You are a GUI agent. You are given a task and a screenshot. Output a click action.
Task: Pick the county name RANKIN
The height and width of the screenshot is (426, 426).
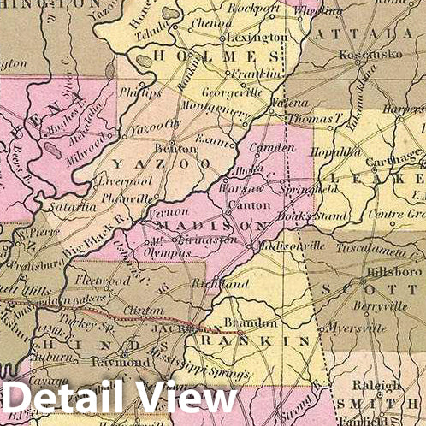pos(254,341)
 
